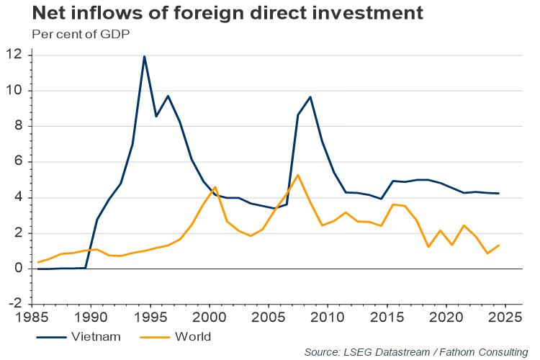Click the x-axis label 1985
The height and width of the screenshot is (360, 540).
[32, 317]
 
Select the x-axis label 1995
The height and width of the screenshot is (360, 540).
[150, 317]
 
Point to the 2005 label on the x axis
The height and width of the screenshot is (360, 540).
[269, 317]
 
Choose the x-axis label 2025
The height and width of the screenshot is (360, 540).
[505, 317]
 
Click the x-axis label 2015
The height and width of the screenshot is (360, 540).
[387, 317]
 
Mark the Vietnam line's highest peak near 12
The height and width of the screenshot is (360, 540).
[144, 56]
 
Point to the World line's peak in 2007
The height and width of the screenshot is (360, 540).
[298, 175]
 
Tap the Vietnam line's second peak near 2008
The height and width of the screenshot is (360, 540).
[310, 96]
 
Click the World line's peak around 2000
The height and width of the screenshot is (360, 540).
[215, 187]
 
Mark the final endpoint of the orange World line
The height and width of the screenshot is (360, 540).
[499, 246]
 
